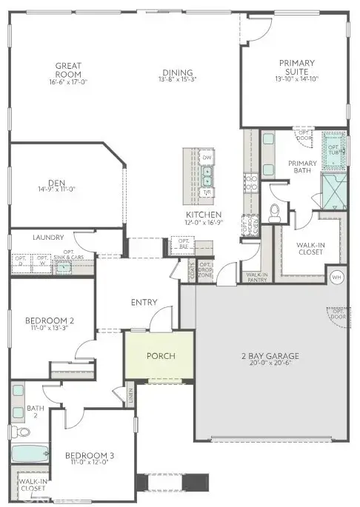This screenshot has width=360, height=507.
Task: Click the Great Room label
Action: [x=67, y=70]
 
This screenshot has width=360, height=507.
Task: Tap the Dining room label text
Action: [x=179, y=73]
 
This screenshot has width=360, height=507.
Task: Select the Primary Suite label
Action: [x=296, y=67]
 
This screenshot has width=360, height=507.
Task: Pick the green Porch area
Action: [x=161, y=356]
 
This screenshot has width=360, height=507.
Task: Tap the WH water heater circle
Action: [x=336, y=277]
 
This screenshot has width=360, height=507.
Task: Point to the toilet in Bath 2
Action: [x=14, y=432]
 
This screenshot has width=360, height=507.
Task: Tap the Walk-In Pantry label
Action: [x=256, y=277]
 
